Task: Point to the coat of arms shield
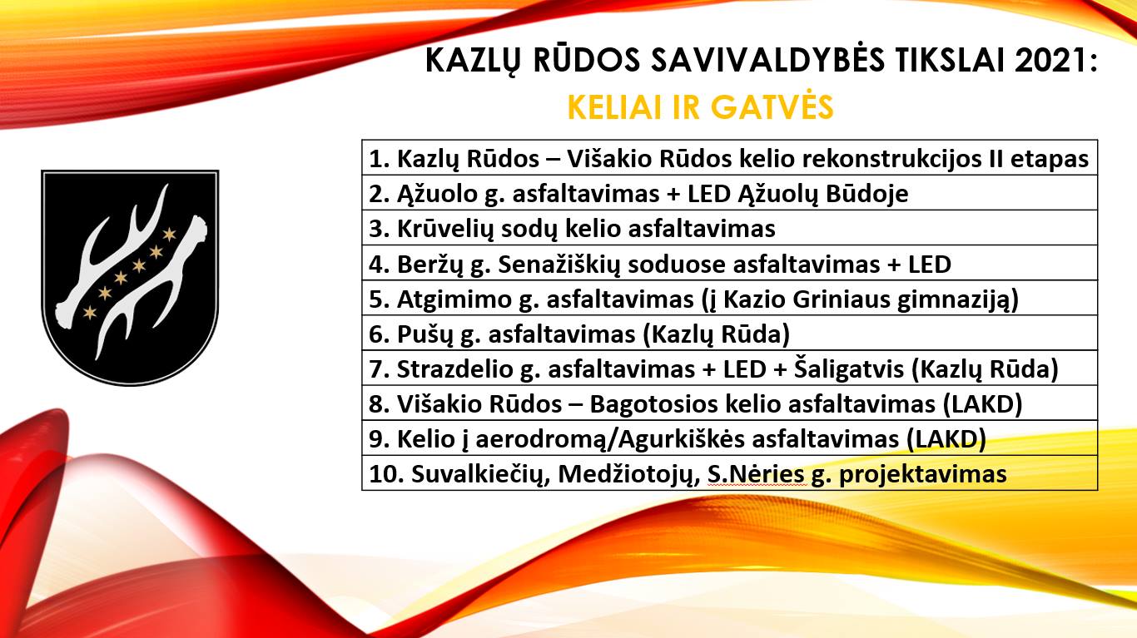coord(130,278)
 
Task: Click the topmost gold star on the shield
coord(169,235)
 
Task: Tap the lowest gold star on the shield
coord(90,313)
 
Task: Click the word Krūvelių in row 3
coord(445,230)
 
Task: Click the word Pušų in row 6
coord(425,334)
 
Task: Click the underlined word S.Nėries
coord(756,475)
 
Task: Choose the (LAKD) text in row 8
coord(983,405)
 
